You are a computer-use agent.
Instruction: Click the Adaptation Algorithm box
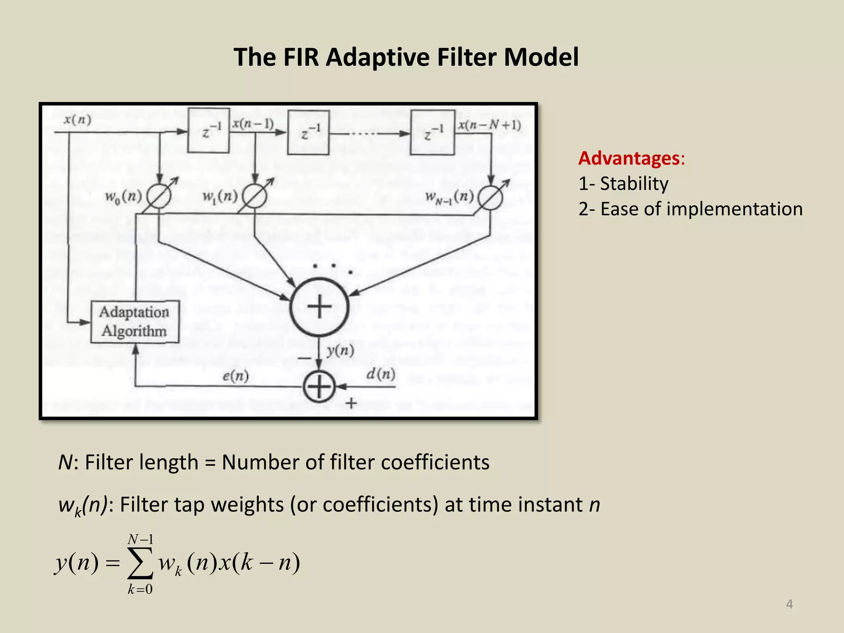tap(135, 322)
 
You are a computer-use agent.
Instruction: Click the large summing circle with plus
tap(319, 307)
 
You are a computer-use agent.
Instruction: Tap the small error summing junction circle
tap(319, 387)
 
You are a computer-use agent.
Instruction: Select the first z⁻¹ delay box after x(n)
tap(209, 131)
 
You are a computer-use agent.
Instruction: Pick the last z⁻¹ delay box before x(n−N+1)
tap(433, 132)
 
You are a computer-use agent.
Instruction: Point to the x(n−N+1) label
tap(490, 124)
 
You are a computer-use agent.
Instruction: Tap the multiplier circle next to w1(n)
tap(254, 197)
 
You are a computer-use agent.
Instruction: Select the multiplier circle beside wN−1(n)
tap(490, 198)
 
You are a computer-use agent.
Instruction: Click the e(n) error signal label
tap(236, 376)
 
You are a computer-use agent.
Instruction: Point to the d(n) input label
tap(380, 374)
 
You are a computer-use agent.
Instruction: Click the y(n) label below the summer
tap(340, 351)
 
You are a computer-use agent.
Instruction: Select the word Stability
tap(634, 183)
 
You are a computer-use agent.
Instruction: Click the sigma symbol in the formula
tap(140, 563)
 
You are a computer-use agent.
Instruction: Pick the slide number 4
tap(789, 604)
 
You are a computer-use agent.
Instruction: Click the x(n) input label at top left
tap(77, 120)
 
